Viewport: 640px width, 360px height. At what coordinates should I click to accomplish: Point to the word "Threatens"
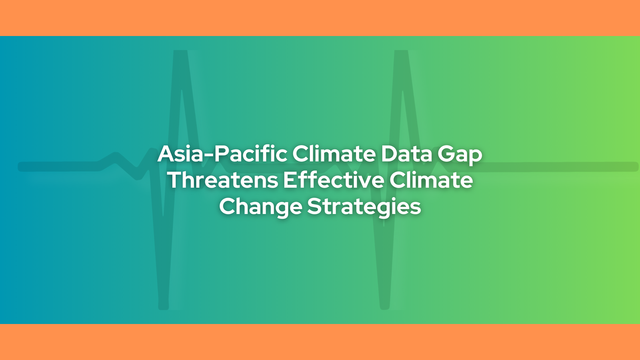click(223, 180)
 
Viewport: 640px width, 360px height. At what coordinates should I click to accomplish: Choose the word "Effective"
click(334, 180)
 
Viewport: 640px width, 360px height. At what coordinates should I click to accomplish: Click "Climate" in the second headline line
click(431, 180)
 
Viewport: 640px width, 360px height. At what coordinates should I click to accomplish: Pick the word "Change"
click(260, 207)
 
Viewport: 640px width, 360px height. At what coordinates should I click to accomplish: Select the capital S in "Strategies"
click(314, 206)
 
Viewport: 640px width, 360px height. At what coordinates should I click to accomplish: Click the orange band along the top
click(320, 18)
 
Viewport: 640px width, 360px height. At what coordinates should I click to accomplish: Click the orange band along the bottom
click(320, 342)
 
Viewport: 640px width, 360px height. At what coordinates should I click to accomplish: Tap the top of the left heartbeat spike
click(180, 52)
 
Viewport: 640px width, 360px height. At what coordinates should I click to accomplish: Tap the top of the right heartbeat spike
click(401, 52)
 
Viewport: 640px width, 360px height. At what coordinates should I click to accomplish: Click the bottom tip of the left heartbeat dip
click(164, 308)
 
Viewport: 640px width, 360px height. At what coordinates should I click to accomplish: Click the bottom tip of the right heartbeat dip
click(385, 308)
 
